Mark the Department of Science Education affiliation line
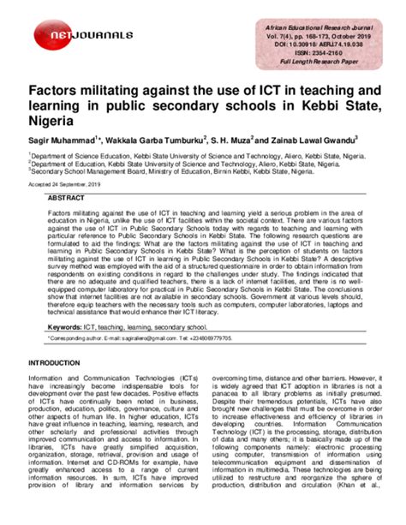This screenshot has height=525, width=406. click(x=172, y=156)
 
